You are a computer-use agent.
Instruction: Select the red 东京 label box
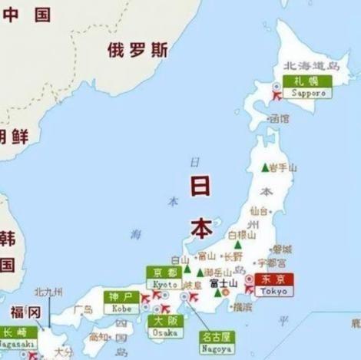[x=273, y=279]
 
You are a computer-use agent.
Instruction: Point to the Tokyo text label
[x=273, y=292]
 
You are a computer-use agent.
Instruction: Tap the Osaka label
[x=165, y=332]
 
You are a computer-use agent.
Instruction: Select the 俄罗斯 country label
[x=137, y=50]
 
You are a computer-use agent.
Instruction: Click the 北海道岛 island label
[x=312, y=66]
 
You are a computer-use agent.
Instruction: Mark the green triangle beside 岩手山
[x=265, y=167]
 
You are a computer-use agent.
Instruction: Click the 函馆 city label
[x=279, y=119]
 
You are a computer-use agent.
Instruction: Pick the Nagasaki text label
[x=16, y=345]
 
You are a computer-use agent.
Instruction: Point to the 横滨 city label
[x=242, y=306]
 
